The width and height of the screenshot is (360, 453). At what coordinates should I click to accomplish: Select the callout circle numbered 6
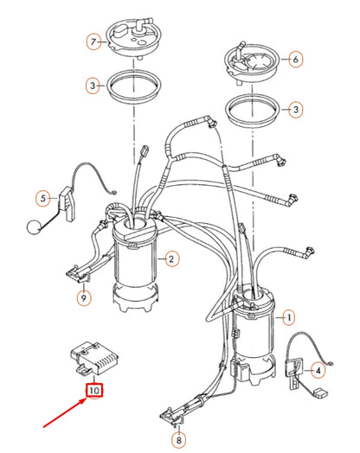pos(294,60)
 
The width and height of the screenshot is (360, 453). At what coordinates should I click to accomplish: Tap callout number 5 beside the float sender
pos(42,199)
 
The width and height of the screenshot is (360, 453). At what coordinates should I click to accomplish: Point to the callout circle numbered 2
pos(172,258)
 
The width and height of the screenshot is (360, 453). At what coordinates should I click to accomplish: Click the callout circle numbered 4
pos(318,371)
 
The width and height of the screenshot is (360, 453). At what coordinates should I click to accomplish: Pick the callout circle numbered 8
pos(177,441)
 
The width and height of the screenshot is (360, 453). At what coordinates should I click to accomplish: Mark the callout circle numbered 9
pos(83,298)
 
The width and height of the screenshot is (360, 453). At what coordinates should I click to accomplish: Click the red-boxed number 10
pos(93,390)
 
